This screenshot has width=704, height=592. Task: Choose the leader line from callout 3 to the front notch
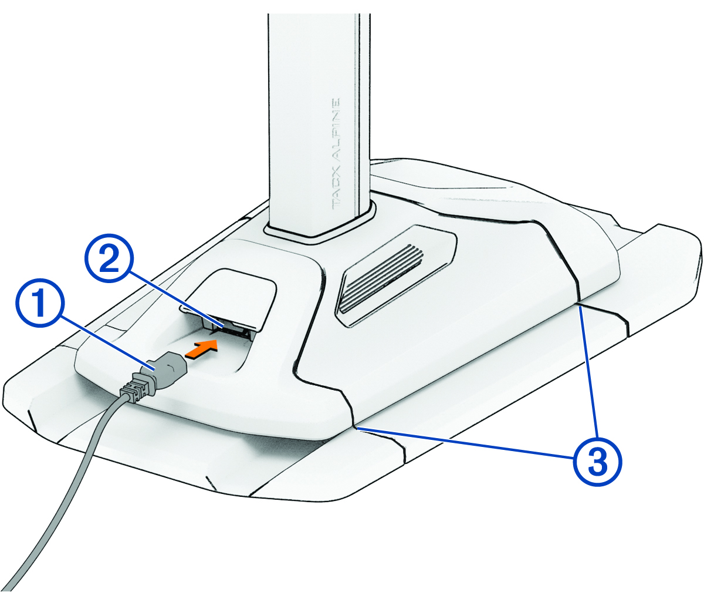463,442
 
